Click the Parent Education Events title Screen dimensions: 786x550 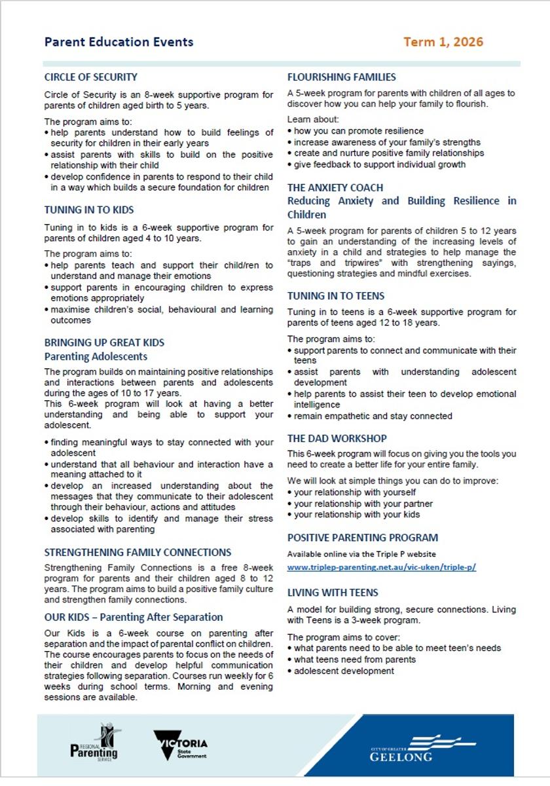coord(119,42)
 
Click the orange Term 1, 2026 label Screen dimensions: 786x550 coord(443,42)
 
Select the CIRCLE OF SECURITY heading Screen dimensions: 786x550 coord(91,77)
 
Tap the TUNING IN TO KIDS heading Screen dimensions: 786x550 coord(89,210)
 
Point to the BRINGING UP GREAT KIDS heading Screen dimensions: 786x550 coord(104,343)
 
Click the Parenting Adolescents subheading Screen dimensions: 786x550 coord(96,357)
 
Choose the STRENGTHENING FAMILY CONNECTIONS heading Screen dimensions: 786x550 coord(137,552)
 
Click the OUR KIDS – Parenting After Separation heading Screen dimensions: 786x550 coord(134,617)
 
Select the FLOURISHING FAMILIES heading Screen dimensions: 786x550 coord(342,77)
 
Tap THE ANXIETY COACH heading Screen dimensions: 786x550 coord(335,187)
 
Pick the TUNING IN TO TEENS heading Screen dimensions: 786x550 coord(336,296)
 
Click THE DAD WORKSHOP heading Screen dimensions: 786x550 coord(337,438)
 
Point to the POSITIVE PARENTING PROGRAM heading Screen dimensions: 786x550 coord(363,538)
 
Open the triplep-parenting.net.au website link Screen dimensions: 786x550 coord(382,567)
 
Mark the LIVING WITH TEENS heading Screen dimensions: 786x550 coord(333,593)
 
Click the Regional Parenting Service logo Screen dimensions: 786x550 coord(94,743)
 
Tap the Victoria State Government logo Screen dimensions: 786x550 coord(180,745)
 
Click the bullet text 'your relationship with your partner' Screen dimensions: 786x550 coord(363,504)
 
